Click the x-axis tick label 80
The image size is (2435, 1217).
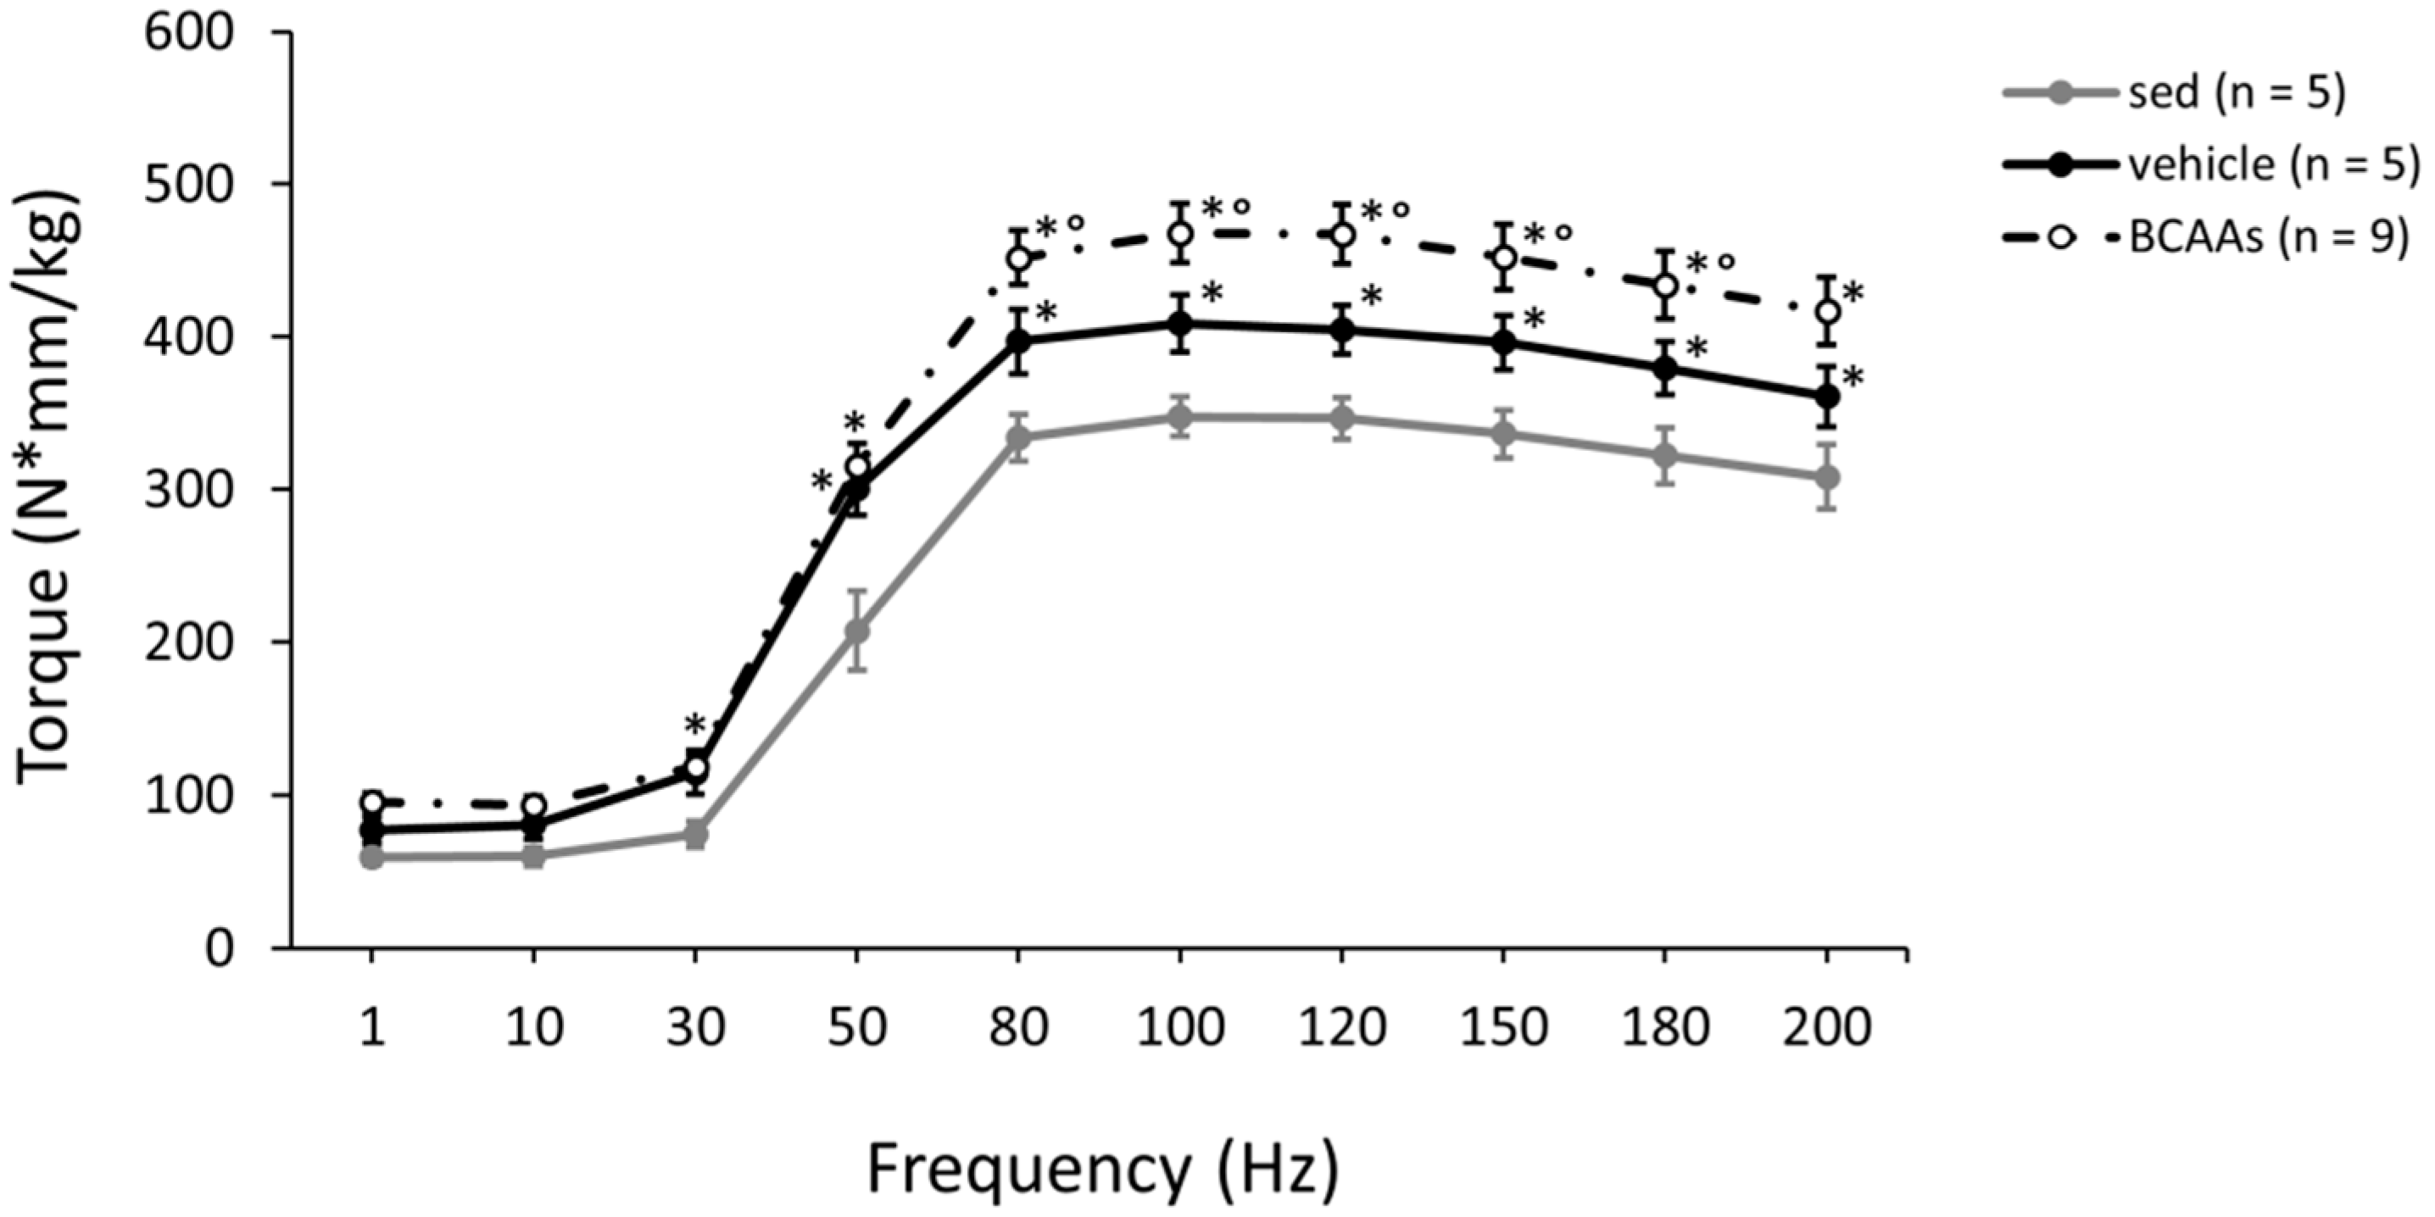(1018, 1028)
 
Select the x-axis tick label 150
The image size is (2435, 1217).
(1503, 1028)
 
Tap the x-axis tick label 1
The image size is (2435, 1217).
(372, 1028)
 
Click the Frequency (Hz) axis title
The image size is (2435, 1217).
(1102, 1170)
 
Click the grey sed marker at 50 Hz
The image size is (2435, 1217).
(856, 631)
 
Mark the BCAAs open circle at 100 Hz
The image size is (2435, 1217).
(1179, 232)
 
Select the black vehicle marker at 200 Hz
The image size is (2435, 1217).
(1827, 396)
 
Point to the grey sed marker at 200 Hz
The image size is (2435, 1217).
(1827, 477)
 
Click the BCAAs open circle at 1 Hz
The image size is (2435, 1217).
(372, 803)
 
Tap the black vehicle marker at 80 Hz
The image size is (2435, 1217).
(1018, 340)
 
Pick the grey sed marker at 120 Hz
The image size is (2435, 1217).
(1341, 419)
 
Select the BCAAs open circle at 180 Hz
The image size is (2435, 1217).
(1665, 285)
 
